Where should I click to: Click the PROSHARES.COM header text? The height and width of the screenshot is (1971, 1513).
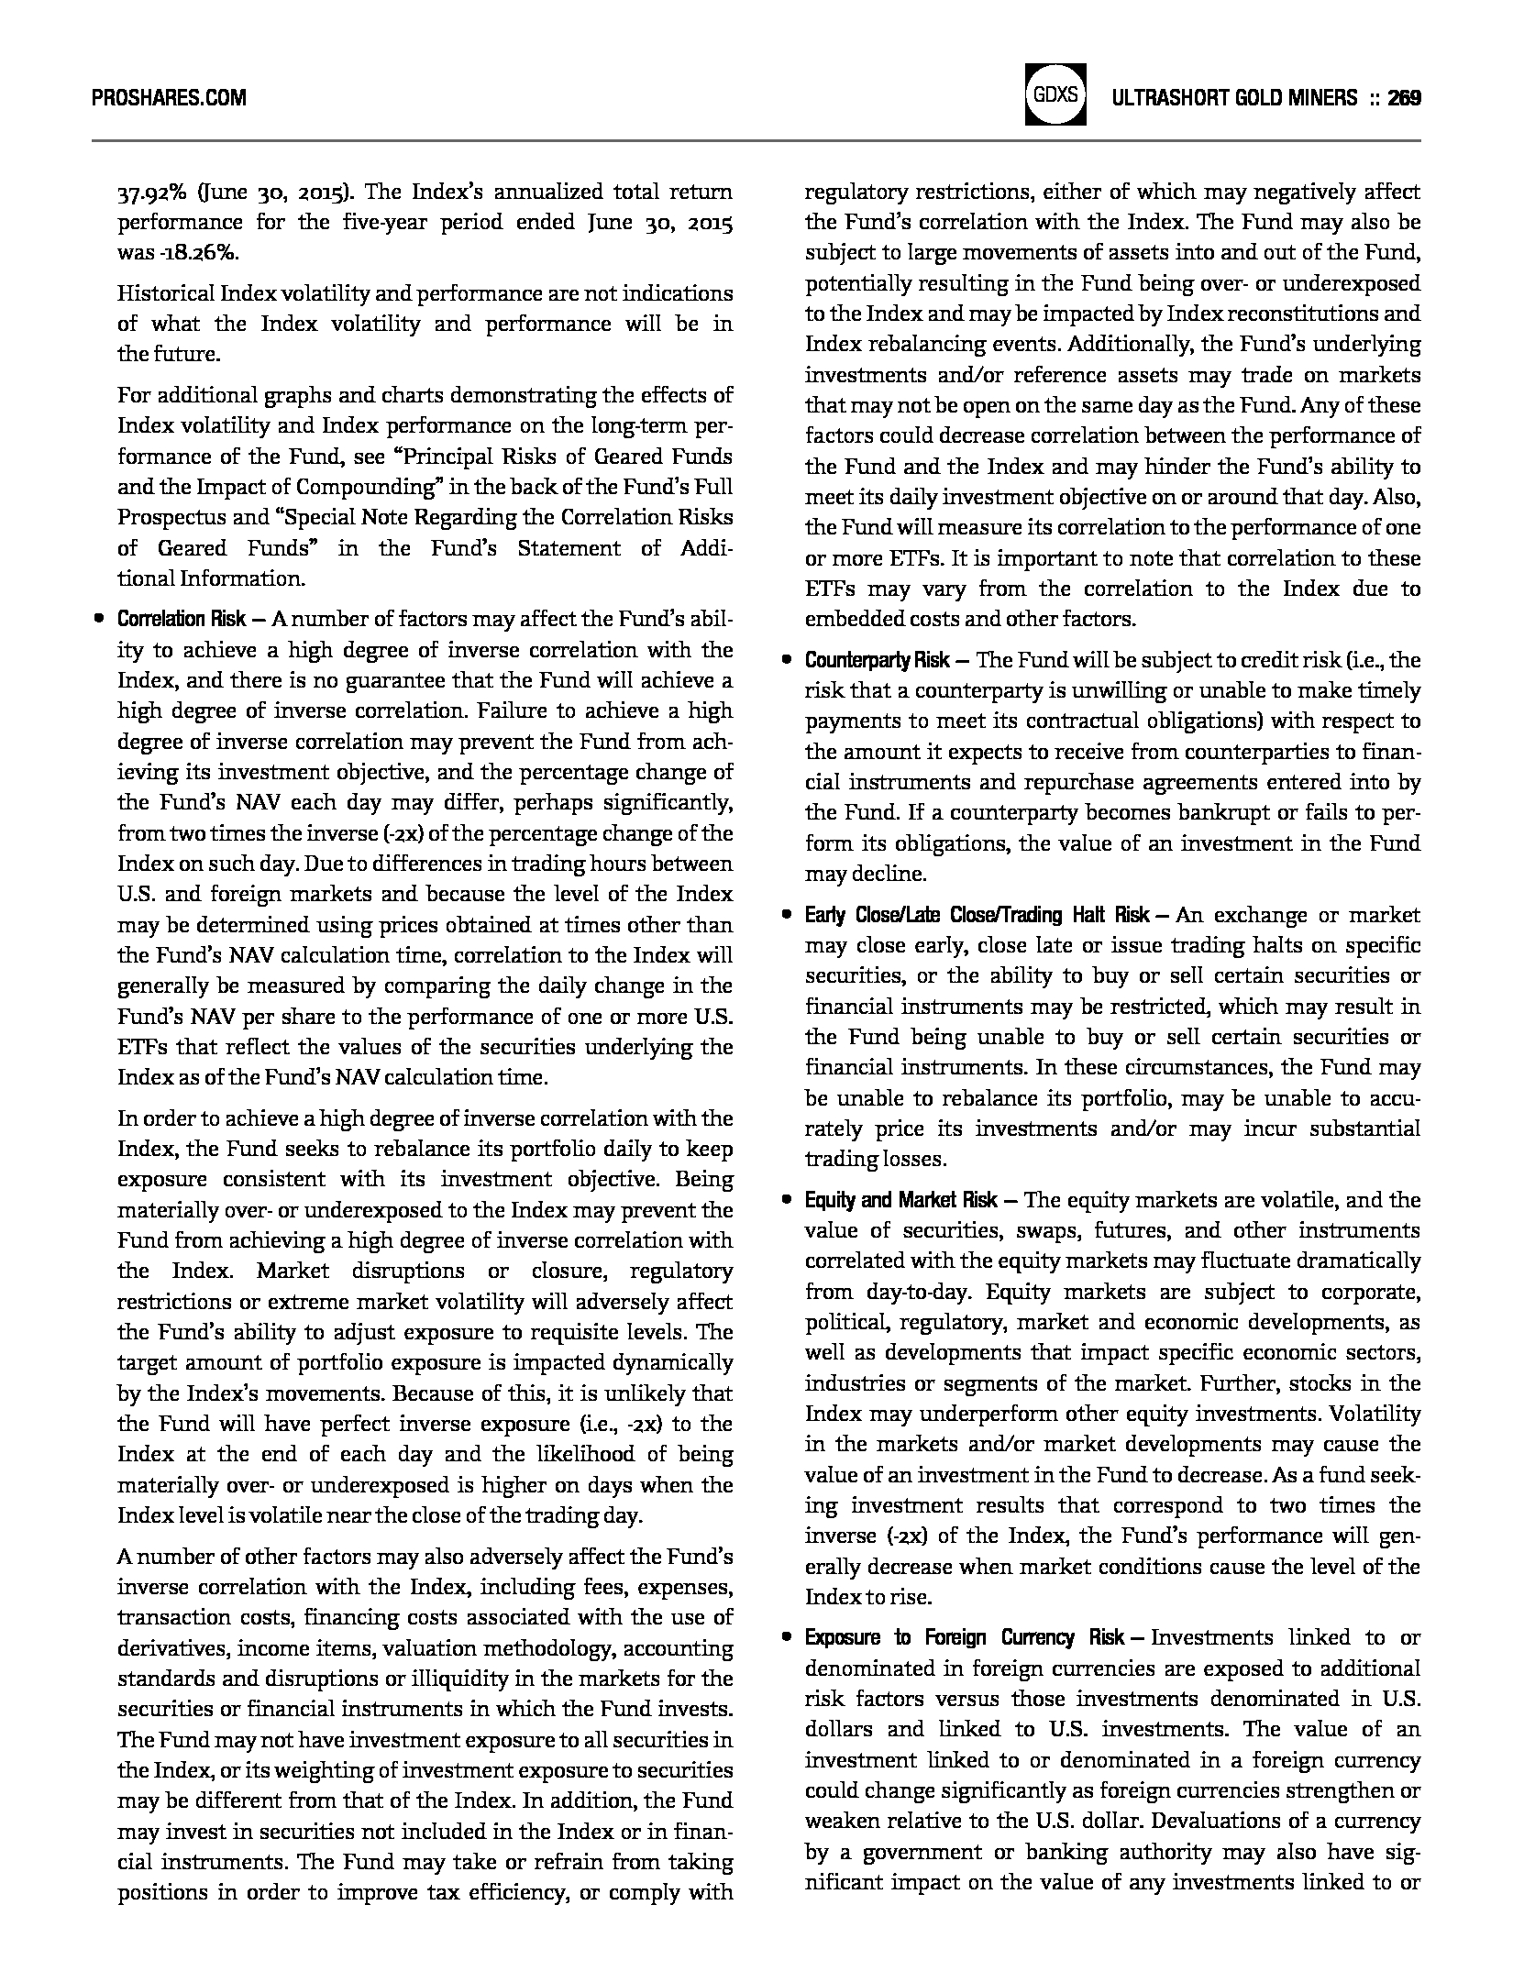pos(170,98)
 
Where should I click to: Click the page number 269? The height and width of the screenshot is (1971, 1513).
pos(1404,98)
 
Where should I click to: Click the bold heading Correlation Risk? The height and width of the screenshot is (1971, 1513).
pos(181,620)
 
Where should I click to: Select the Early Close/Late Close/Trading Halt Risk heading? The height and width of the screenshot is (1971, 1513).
pos(977,916)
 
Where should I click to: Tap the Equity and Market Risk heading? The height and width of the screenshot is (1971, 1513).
pos(900,1201)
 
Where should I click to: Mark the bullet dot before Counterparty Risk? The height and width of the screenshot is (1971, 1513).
pos(786,661)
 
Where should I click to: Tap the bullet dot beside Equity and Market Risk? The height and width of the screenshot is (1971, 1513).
pos(786,1201)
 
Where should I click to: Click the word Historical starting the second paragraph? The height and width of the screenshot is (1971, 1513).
pos(165,294)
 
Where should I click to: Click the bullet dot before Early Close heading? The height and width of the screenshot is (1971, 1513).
pos(786,916)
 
